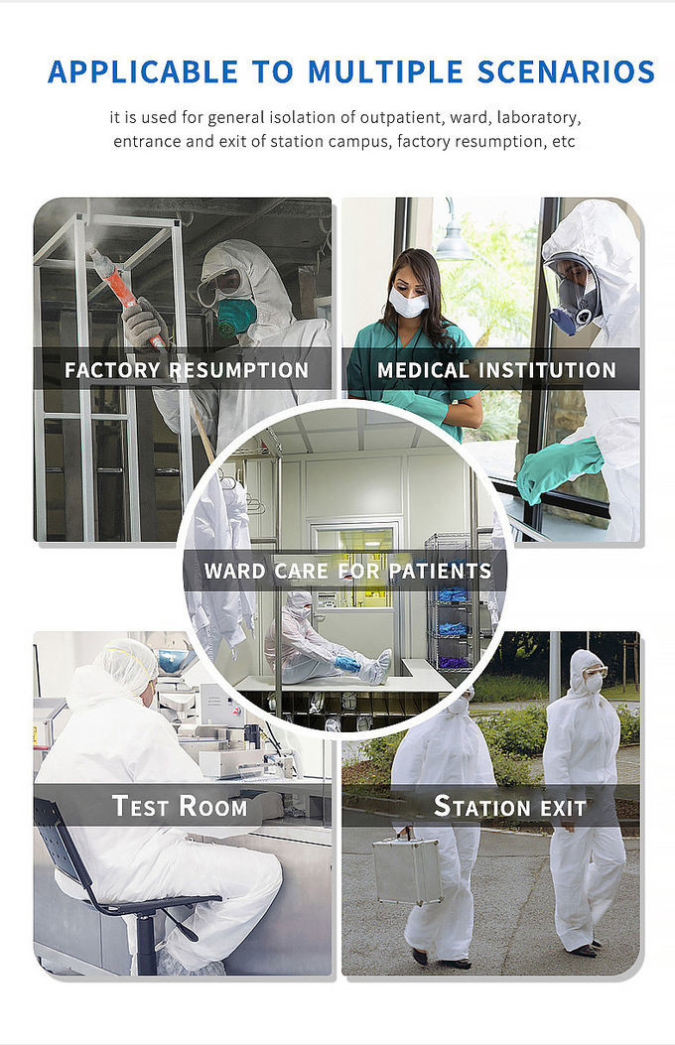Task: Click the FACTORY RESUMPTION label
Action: pyautogui.click(x=187, y=370)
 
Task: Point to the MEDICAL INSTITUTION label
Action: pyautogui.click(x=497, y=370)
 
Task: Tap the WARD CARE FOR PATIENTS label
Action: pyautogui.click(x=347, y=572)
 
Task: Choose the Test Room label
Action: pyautogui.click(x=180, y=806)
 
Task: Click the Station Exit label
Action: pyautogui.click(x=510, y=807)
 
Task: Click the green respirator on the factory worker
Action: pyautogui.click(x=236, y=316)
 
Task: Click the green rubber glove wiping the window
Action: pyautogui.click(x=559, y=469)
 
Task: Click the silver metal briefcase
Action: pyautogui.click(x=407, y=870)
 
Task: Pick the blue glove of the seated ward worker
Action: pyautogui.click(x=347, y=663)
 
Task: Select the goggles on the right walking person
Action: pyautogui.click(x=594, y=672)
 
